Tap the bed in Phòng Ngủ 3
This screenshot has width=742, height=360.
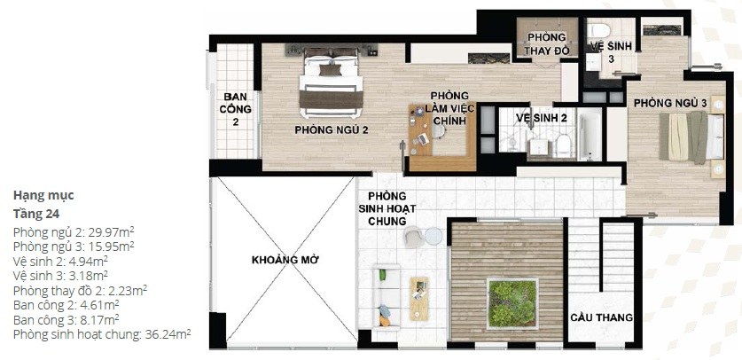691,137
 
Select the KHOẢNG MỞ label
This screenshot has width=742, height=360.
285,260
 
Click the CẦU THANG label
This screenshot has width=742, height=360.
601,317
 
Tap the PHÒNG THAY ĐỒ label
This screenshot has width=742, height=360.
547,43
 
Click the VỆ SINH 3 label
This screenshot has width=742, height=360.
611,52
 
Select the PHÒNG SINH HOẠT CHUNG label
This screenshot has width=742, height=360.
387,208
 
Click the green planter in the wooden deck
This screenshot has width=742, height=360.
513,303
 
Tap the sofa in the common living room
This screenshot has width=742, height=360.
387,297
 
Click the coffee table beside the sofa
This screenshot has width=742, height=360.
419,299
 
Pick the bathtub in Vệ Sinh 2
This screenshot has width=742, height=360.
591,136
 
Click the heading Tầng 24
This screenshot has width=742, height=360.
36,214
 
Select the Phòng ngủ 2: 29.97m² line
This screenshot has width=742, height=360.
74,232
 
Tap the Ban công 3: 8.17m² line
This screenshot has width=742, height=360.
66,318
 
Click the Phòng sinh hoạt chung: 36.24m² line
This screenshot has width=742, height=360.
102,333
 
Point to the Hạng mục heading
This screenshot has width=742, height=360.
43,195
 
